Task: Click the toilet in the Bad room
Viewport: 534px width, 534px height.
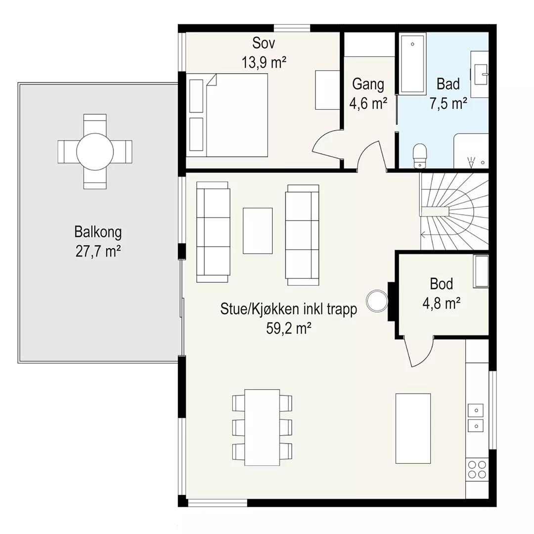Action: click(x=420, y=155)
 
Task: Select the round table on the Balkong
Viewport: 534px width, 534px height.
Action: click(x=94, y=152)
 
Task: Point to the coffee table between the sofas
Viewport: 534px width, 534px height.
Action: click(x=258, y=230)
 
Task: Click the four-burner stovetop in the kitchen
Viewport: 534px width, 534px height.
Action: click(x=477, y=469)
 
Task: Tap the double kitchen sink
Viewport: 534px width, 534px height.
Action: click(x=476, y=417)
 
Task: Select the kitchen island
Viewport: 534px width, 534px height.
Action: click(x=413, y=428)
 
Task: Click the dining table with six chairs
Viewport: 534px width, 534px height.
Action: click(x=262, y=427)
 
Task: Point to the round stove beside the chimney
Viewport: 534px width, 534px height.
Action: click(x=377, y=301)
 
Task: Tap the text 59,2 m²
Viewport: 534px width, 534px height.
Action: click(x=289, y=329)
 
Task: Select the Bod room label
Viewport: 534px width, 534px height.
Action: click(x=442, y=284)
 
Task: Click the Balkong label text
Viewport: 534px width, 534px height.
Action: click(x=98, y=232)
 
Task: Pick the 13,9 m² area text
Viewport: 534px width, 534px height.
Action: click(x=264, y=62)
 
